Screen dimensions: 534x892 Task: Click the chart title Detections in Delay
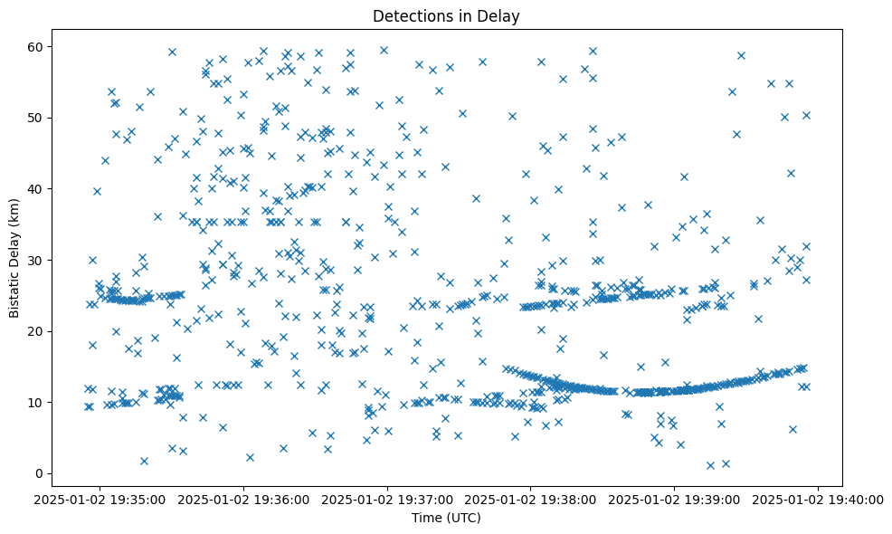(446, 16)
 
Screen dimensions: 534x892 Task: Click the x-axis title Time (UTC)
(446, 519)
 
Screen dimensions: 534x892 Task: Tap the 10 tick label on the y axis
(37, 402)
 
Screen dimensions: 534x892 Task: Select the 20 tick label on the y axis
(37, 331)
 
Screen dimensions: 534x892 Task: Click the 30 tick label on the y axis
(37, 260)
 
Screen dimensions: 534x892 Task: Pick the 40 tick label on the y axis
(37, 189)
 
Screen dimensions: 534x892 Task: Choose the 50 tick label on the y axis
(37, 118)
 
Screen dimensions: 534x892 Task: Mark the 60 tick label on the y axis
(37, 47)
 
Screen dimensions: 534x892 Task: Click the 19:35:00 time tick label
(100, 499)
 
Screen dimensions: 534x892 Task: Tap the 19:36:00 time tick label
(243, 499)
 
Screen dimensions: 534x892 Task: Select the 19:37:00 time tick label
(387, 499)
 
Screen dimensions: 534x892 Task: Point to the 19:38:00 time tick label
(531, 499)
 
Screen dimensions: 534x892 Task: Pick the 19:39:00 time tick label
(675, 499)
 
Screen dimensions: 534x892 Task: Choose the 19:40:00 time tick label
(819, 499)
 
